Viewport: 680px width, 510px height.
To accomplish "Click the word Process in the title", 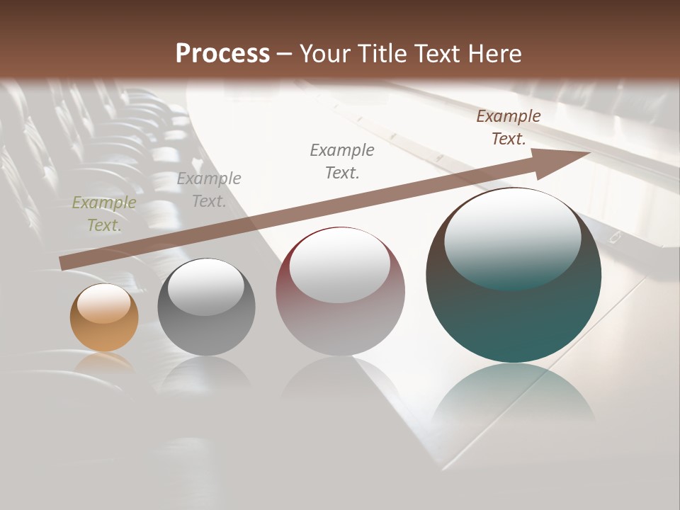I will click(222, 54).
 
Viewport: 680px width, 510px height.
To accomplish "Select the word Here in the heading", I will click(493, 54).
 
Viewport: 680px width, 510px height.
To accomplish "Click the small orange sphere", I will click(104, 317).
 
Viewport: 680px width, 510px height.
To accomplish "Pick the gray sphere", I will click(206, 307).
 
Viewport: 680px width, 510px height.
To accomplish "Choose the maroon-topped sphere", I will click(340, 292).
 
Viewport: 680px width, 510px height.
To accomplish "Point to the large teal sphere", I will click(514, 276).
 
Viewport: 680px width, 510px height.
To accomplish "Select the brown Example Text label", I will click(509, 127).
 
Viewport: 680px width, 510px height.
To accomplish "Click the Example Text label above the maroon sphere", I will click(342, 161).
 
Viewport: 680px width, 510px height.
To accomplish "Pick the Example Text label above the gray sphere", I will click(209, 190).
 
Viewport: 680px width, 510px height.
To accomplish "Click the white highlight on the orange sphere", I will click(104, 304).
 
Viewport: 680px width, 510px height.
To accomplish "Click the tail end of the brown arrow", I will click(64, 263).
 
